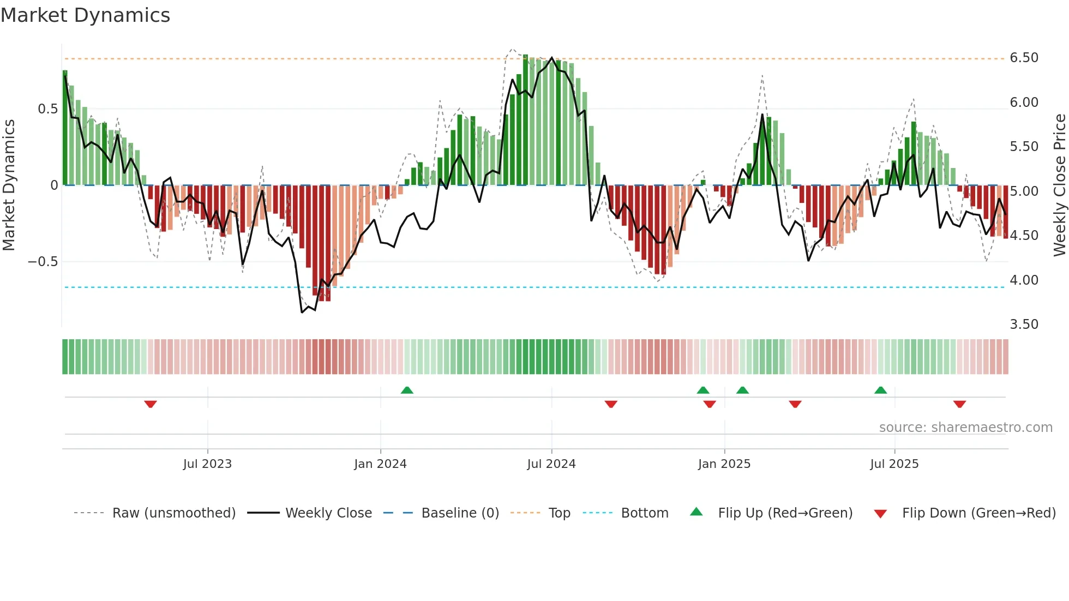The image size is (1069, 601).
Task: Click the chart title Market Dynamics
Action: [85, 15]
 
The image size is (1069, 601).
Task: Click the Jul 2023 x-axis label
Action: [207, 464]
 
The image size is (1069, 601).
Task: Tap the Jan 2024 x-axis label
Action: [380, 464]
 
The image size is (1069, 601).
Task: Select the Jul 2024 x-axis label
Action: [551, 464]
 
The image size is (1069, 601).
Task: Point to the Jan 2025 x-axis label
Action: [724, 464]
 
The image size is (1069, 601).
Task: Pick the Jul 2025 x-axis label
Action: [894, 464]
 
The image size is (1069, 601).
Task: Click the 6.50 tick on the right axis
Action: [1024, 58]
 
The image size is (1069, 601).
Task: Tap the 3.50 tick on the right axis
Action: [1024, 324]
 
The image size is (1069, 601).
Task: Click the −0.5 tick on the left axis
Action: [43, 262]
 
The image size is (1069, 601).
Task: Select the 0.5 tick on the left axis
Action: [47, 109]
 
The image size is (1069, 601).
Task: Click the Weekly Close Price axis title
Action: [1059, 185]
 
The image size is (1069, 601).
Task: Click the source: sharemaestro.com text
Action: [965, 428]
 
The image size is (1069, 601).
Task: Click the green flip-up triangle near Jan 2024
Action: [407, 390]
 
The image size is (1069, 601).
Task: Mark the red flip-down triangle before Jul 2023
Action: [151, 404]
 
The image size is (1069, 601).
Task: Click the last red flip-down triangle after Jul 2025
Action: [959, 404]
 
